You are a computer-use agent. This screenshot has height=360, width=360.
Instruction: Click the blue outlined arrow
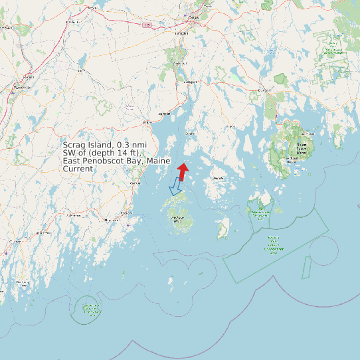click(x=176, y=187)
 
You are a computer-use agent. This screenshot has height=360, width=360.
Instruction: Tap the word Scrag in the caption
click(x=74, y=145)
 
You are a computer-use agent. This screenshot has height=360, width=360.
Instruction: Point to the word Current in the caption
click(x=78, y=169)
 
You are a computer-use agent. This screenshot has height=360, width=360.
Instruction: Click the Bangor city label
click(x=194, y=17)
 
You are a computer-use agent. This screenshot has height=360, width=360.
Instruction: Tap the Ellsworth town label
click(x=264, y=90)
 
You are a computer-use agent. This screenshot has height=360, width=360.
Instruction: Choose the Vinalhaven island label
click(x=178, y=219)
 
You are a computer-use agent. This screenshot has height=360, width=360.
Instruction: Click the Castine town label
click(x=190, y=133)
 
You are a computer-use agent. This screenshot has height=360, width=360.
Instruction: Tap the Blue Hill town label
click(x=230, y=126)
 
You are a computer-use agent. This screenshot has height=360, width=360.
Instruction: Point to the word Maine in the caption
click(x=159, y=161)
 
